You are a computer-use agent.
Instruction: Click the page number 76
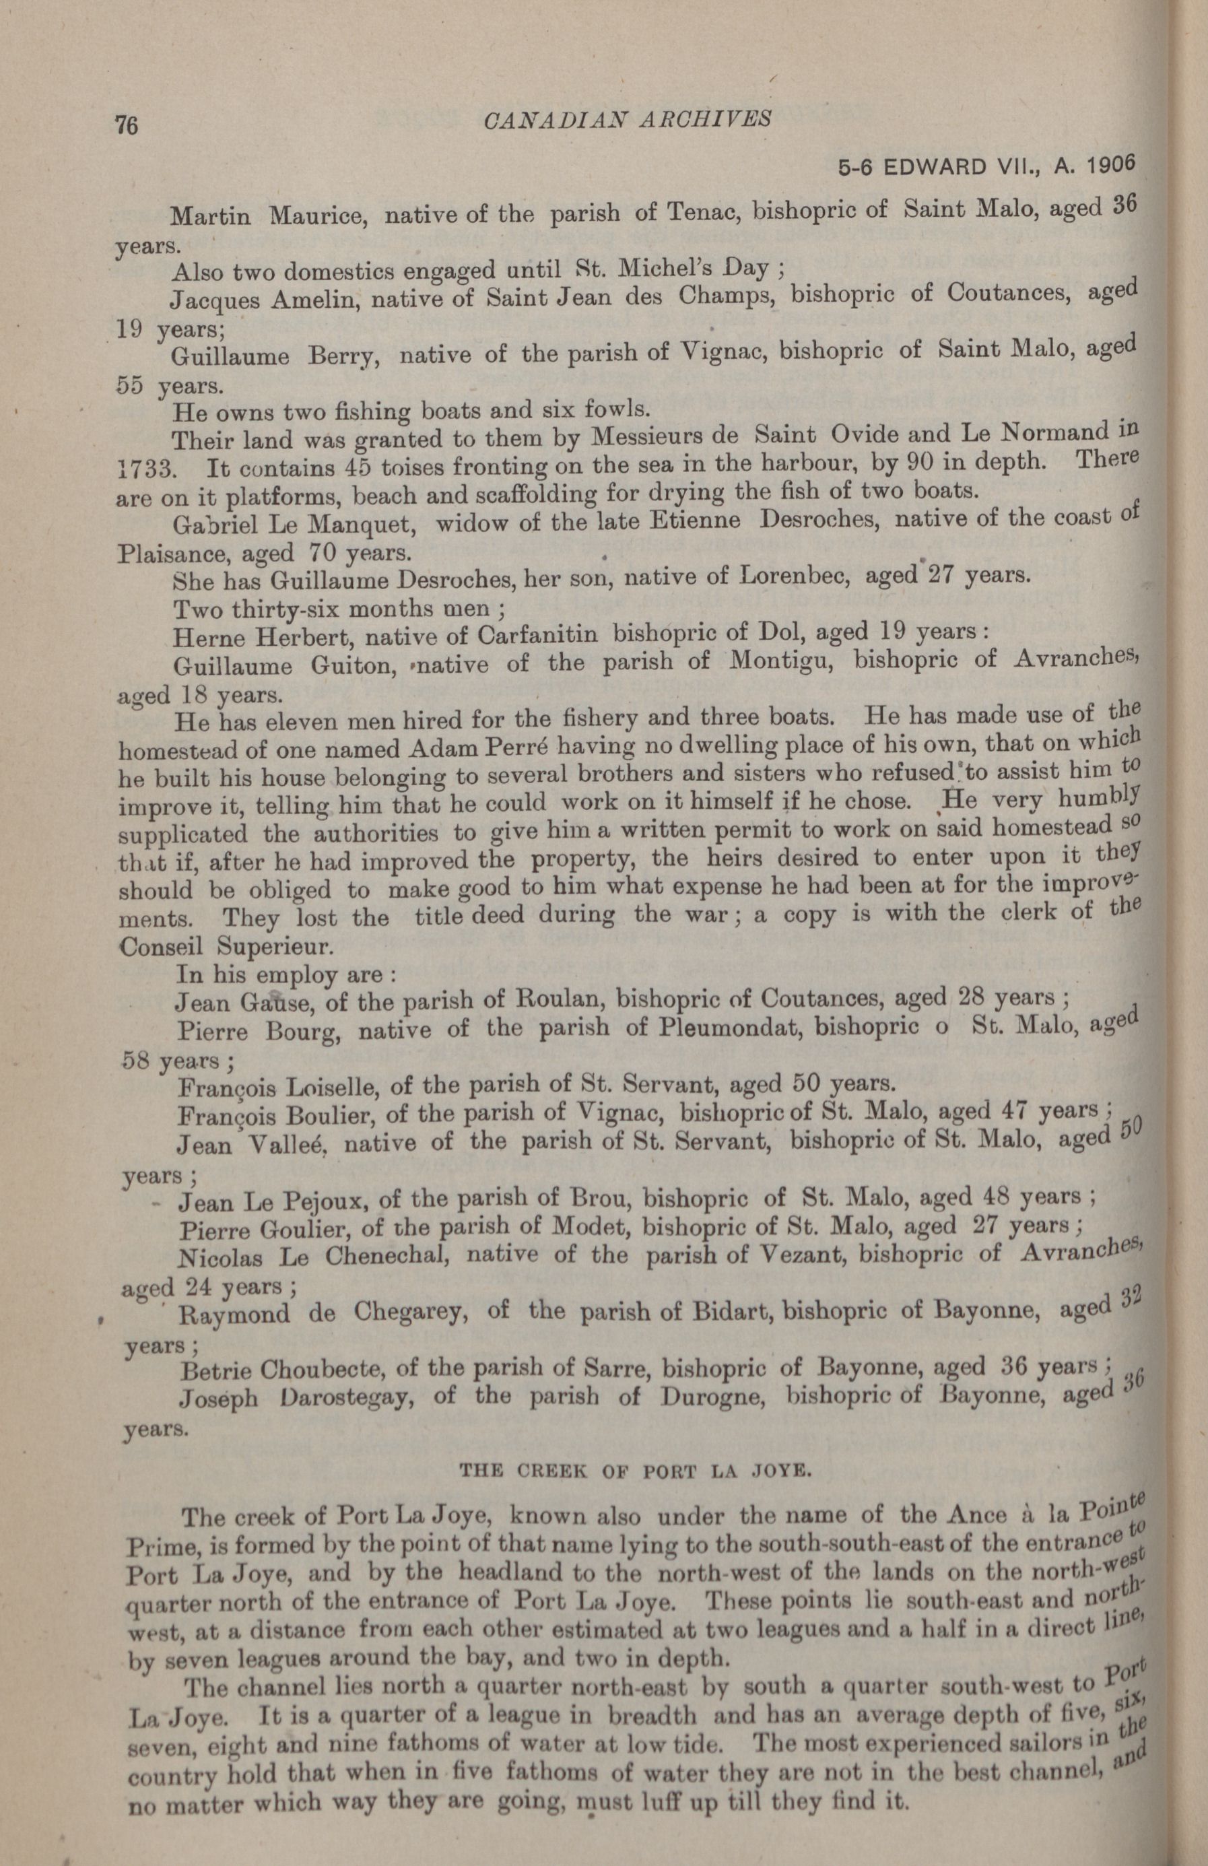click(x=126, y=125)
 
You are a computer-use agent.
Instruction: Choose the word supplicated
click(x=182, y=832)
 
